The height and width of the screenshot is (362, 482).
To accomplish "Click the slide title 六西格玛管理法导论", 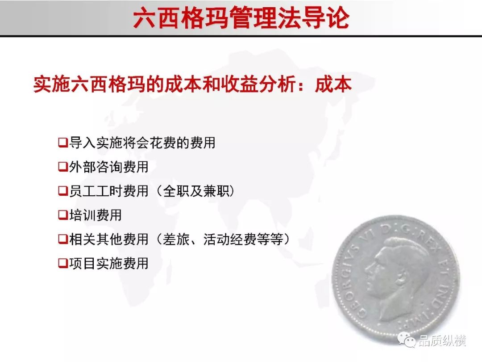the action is (x=241, y=18).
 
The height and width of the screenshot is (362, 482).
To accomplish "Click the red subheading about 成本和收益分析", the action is (x=192, y=84).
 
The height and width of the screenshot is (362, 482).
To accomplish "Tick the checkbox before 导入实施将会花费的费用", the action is (x=63, y=143).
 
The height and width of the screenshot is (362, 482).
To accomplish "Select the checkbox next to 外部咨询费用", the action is (x=63, y=167).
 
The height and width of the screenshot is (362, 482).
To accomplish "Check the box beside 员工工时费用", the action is (x=63, y=191).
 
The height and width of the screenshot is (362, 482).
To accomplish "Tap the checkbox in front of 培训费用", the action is (x=63, y=215).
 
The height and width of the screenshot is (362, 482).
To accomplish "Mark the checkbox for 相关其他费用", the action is (x=63, y=239).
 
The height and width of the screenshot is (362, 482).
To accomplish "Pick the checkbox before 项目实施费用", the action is (x=63, y=263).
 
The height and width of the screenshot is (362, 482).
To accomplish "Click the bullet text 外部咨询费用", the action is (x=109, y=167).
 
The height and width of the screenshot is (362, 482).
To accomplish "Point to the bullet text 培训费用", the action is (x=96, y=215).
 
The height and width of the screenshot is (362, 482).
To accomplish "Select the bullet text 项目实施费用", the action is (x=109, y=263).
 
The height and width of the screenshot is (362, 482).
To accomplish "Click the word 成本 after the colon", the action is (x=333, y=84).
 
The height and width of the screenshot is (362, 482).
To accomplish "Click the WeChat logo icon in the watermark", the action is (x=406, y=340).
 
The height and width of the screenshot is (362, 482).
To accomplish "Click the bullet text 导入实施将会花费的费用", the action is (x=142, y=143).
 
